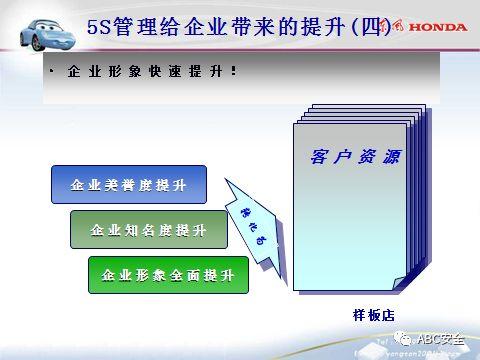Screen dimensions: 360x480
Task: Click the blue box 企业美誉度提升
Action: pyautogui.click(x=128, y=185)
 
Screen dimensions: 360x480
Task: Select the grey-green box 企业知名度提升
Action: pyautogui.click(x=148, y=230)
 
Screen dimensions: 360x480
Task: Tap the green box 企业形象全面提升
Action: pyautogui.click(x=167, y=274)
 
